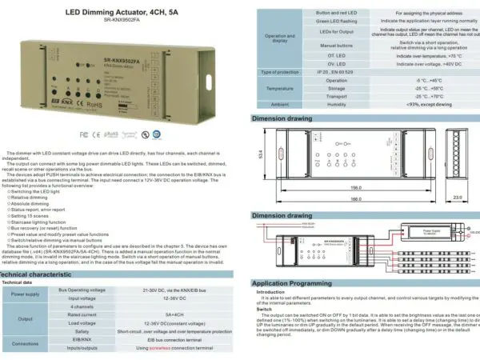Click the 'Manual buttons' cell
pos(336,46)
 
